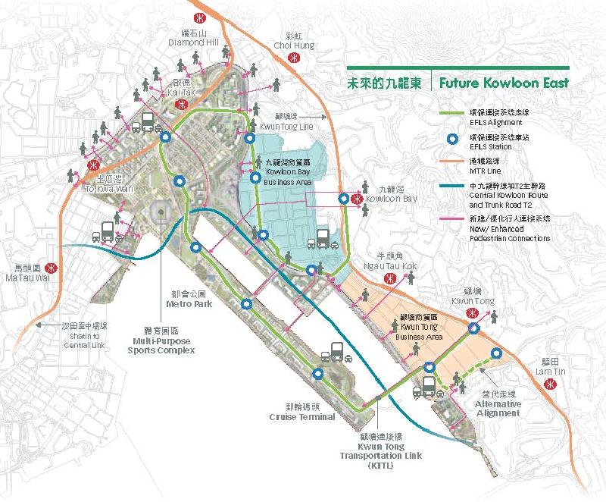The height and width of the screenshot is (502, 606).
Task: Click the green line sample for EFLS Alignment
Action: pyautogui.click(x=451, y=114)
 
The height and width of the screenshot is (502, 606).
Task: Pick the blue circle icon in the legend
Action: pyautogui.click(x=452, y=139)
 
